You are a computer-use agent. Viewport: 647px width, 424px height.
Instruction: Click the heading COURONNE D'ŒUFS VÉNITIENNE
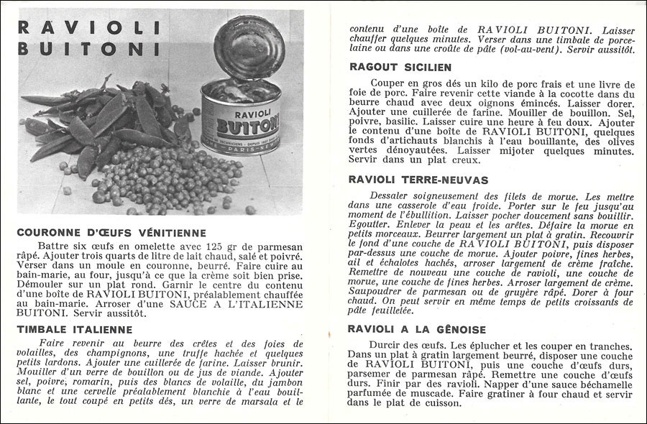[x=111, y=233]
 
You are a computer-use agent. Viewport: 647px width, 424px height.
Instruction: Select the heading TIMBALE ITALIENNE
[x=73, y=329]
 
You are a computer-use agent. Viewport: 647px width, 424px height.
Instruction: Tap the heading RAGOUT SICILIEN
[x=400, y=67]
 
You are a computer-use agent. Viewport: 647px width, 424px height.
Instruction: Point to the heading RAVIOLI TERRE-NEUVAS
[x=418, y=179]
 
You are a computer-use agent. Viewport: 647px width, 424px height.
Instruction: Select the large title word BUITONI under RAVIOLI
[x=89, y=50]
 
